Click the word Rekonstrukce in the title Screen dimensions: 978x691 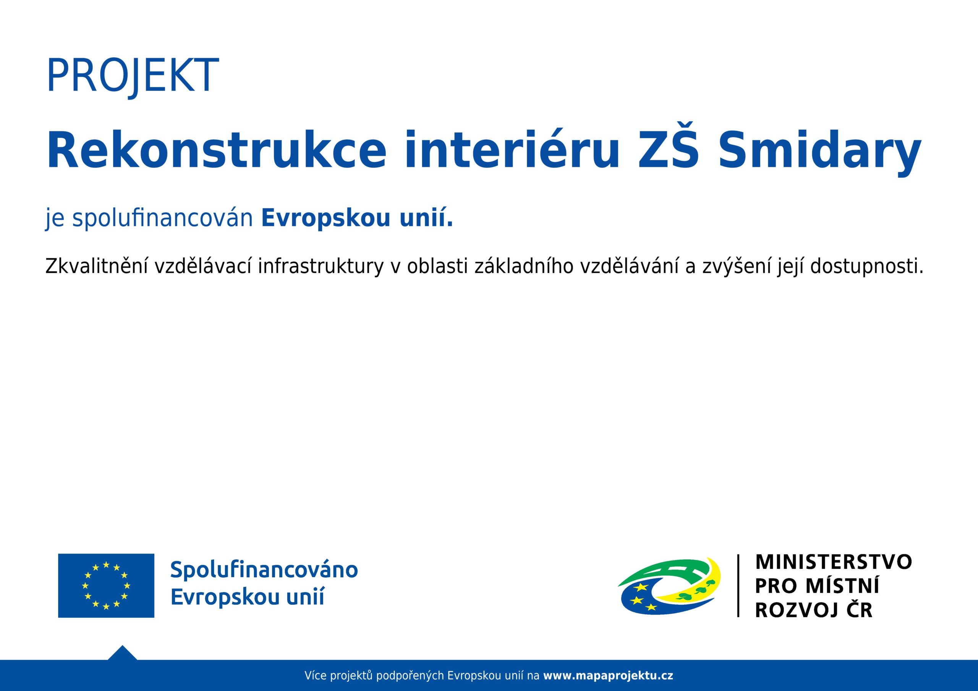tap(216, 150)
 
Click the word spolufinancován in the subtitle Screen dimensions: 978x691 tap(163, 218)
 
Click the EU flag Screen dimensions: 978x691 tap(106, 585)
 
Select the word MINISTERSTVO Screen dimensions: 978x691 tap(833, 562)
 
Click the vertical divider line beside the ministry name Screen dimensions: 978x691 tap(738, 585)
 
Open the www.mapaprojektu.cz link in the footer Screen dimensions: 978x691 tap(608, 676)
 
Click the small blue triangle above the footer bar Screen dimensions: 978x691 tap(122, 654)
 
